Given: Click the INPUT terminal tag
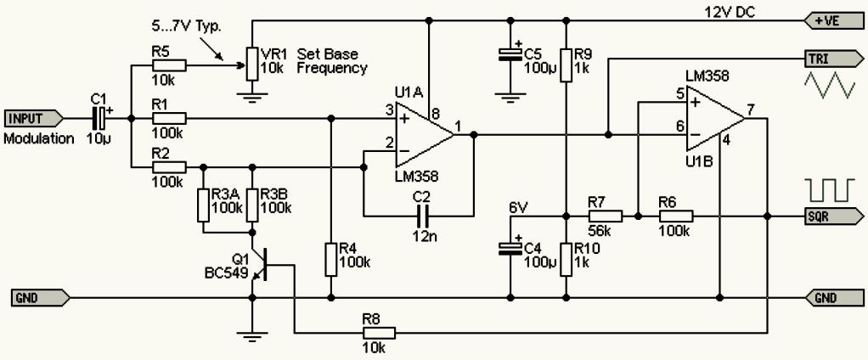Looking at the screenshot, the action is (34, 118).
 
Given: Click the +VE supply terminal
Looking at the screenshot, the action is (834, 22).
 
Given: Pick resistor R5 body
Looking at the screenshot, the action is (168, 66).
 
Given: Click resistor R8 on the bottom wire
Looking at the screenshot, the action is (379, 332).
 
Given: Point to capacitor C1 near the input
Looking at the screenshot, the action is (98, 118).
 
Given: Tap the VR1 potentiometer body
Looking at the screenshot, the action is (252, 65).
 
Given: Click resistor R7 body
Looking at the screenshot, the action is (605, 216).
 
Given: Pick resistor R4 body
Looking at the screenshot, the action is (330, 259).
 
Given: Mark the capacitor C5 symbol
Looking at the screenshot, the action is (509, 53).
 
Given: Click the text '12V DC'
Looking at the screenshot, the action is (730, 12).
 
